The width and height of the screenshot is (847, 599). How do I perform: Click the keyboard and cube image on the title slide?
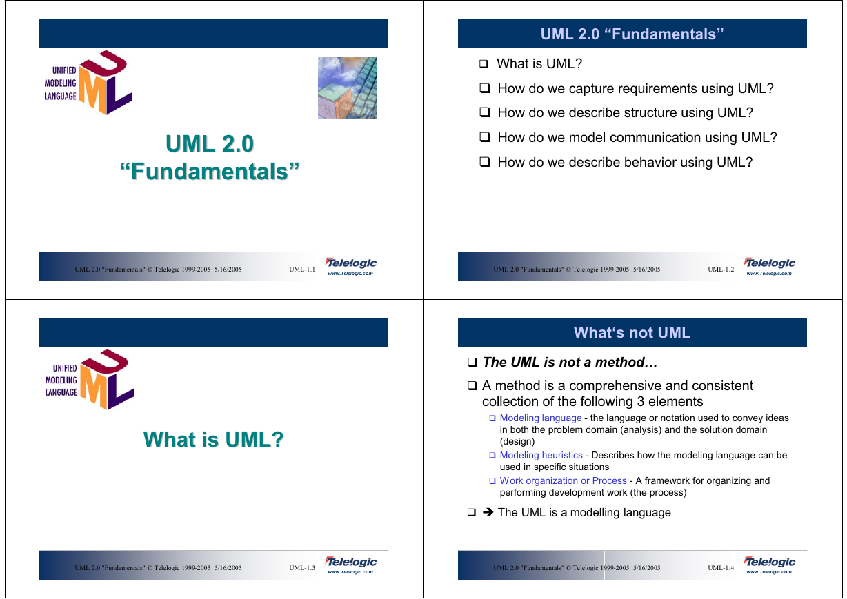[348, 88]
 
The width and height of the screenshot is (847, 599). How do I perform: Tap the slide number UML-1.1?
[302, 270]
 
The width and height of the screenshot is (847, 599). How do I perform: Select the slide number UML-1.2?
[721, 270]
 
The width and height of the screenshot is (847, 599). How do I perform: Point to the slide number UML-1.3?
[302, 567]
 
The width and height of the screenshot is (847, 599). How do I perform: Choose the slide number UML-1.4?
[721, 567]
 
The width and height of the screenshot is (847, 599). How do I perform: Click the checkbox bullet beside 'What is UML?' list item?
[484, 64]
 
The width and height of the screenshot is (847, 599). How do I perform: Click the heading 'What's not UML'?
[632, 332]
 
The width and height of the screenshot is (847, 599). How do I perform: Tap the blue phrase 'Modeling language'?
[541, 418]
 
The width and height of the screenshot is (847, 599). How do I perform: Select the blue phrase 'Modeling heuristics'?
[541, 455]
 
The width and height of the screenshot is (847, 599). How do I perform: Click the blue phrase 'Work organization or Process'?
[564, 480]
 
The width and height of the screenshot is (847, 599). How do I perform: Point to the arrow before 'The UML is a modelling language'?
[488, 512]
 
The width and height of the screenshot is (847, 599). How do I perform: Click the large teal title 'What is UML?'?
[214, 439]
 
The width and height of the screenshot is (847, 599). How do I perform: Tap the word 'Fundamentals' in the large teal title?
[210, 172]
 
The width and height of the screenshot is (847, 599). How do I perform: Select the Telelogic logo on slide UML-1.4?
[769, 565]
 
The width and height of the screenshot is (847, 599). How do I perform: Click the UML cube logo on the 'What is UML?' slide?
[90, 379]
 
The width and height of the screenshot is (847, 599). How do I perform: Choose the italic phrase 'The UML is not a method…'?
[570, 362]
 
